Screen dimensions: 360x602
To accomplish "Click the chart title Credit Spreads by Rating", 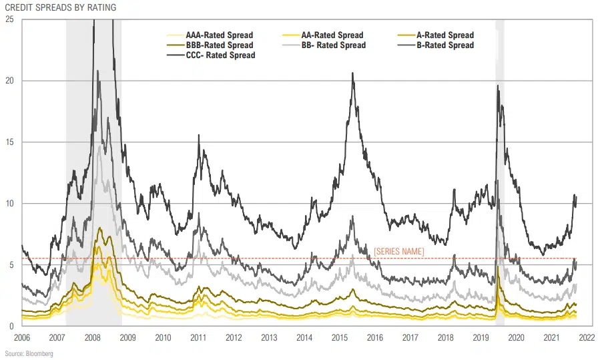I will [60, 7].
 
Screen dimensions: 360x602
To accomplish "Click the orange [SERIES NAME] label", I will [398, 250].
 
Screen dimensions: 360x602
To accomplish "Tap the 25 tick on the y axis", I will [9, 19].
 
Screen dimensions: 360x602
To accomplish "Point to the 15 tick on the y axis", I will [9, 142].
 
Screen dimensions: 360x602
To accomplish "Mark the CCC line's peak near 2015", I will [352, 73].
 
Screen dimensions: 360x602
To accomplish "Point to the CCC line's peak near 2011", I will [199, 136].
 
